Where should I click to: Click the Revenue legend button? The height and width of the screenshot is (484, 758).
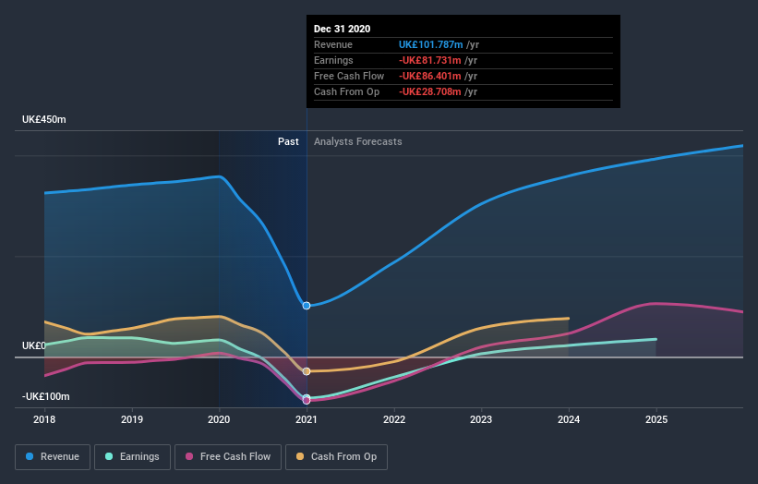point(53,456)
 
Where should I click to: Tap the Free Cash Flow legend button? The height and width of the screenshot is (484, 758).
point(227,456)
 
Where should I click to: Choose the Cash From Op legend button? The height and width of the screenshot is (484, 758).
point(336,456)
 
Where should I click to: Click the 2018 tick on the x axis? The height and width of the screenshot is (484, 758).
point(44,420)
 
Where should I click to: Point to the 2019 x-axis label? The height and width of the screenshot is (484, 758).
point(132,420)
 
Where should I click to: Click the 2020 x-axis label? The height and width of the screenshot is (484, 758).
point(219,420)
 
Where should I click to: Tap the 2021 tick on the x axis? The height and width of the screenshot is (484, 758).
point(307,420)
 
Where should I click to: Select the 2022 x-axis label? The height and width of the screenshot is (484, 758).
point(394,420)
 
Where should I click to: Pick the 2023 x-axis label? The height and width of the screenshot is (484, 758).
point(481,420)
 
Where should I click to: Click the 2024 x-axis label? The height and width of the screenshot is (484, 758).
point(569,420)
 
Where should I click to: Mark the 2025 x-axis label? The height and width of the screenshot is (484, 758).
point(656,420)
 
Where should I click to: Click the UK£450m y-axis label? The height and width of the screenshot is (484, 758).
point(44,120)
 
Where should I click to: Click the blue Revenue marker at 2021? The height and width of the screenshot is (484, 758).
point(307,306)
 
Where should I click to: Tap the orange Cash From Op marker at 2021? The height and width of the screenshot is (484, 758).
point(307,371)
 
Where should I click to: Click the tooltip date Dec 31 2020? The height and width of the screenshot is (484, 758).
point(342,29)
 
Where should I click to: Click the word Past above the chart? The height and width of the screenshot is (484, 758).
point(288,141)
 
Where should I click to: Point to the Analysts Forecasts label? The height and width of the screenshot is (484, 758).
point(357,141)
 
